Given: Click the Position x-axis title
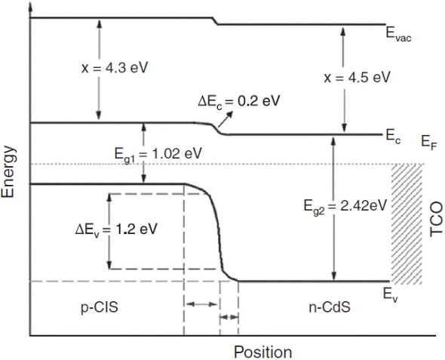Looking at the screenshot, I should coord(262,352).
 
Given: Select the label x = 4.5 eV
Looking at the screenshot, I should coord(357,77).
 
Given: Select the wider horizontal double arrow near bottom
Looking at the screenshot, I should coord(201,303).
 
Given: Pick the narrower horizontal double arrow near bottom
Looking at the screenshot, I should coord(229,317).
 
